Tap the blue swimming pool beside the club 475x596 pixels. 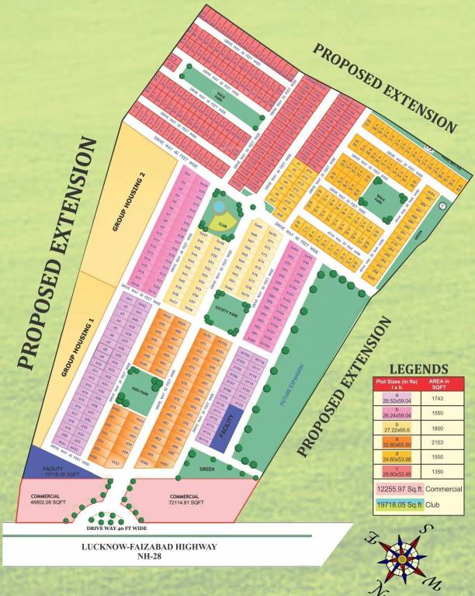tap(220, 207)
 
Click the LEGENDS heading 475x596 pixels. tap(418, 369)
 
